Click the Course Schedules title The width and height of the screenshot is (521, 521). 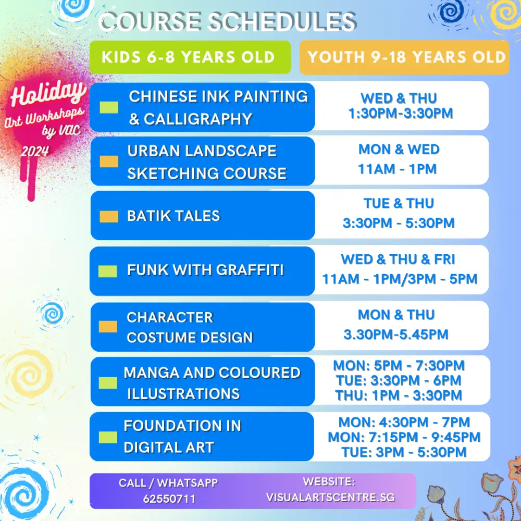[227, 22]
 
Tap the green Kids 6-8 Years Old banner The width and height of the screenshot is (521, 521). [189, 57]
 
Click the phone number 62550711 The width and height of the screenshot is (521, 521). [169, 499]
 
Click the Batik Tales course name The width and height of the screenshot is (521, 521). [173, 216]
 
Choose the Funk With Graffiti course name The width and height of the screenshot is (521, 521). [205, 270]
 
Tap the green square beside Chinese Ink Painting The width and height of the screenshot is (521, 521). [109, 107]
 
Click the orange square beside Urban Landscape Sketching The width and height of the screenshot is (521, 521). [109, 162]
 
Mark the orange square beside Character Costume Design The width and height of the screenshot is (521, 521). [108, 326]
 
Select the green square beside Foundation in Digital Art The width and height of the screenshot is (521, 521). [108, 437]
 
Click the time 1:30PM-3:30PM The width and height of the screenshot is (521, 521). [400, 113]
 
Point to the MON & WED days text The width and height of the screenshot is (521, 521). [399, 150]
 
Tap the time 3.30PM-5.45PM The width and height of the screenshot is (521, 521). [396, 334]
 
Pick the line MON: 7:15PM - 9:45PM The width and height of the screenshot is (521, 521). [404, 437]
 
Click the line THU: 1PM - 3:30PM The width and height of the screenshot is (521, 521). [399, 395]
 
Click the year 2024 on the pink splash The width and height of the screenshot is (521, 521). [35, 151]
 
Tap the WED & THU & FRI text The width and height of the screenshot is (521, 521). [398, 259]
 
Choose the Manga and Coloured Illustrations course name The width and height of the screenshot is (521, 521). [212, 383]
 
